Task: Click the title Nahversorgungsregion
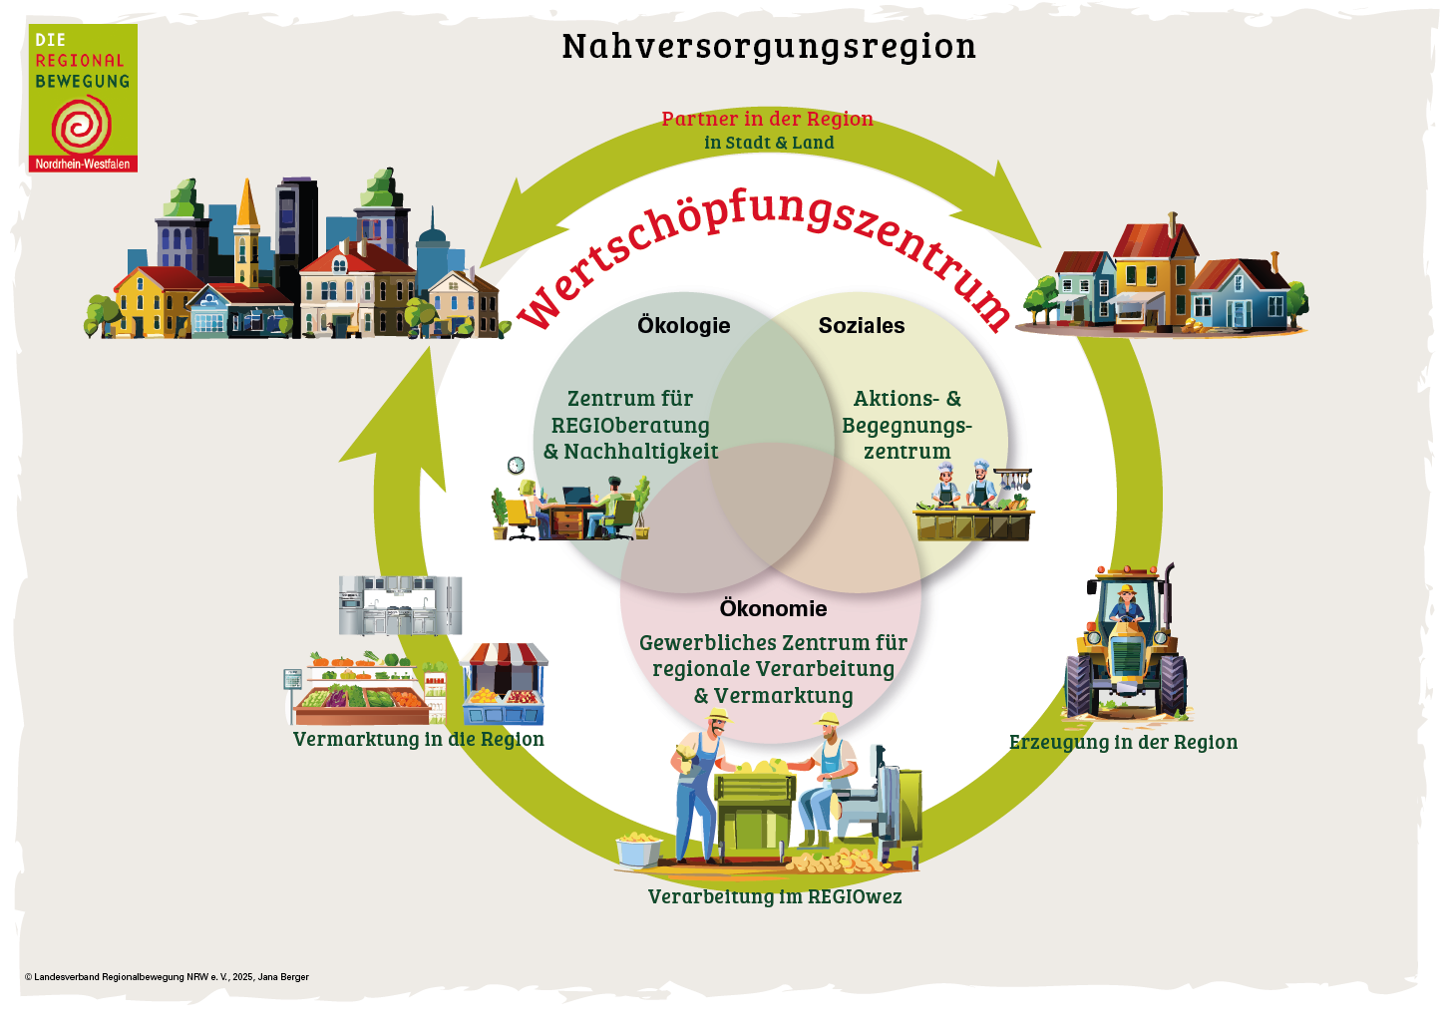point(769,47)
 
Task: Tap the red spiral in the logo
point(82,126)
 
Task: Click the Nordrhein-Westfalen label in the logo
point(83,165)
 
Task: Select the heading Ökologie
point(684,326)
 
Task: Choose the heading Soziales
point(862,326)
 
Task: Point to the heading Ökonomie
point(773,609)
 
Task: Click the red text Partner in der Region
point(767,119)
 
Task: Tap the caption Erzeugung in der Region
point(1123,743)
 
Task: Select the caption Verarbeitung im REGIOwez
point(775,897)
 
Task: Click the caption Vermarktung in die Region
point(418,740)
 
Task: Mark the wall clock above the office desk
point(516,466)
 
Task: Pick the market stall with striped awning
point(505,683)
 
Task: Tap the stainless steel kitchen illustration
point(400,604)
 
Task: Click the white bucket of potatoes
point(638,850)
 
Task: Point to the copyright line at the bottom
point(167,977)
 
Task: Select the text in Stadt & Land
point(769,143)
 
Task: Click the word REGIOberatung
point(630,426)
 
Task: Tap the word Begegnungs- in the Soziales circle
point(906,426)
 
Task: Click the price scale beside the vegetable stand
point(293,683)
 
